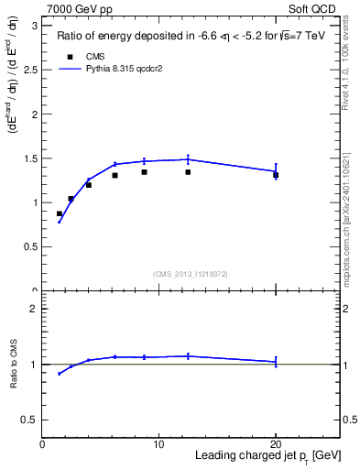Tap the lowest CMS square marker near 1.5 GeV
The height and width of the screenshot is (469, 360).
[x=60, y=213]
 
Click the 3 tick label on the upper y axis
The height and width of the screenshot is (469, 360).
[x=34, y=26]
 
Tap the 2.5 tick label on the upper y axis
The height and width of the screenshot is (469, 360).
[x=29, y=70]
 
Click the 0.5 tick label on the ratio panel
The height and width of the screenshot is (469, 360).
[x=29, y=420]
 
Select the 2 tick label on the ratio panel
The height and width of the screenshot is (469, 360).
[x=34, y=309]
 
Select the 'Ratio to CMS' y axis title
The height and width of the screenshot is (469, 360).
[x=14, y=364]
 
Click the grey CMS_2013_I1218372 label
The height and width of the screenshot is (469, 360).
[x=190, y=274]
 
